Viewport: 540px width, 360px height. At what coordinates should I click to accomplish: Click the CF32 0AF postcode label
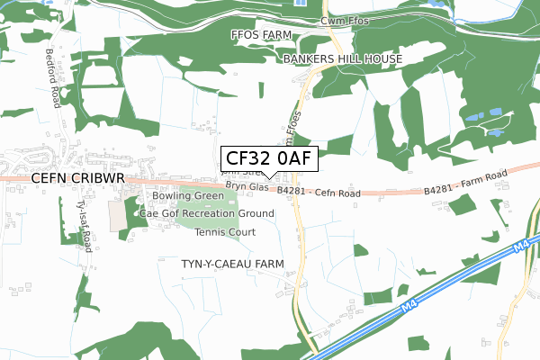(269, 158)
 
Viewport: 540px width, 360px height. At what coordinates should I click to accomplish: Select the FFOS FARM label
(261, 37)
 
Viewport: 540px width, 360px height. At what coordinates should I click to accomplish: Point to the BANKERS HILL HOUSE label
(342, 58)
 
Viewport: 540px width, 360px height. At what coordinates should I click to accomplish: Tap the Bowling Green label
(187, 195)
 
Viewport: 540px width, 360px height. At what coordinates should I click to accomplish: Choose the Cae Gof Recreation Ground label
(207, 213)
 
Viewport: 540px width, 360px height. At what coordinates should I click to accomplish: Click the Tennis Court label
(225, 232)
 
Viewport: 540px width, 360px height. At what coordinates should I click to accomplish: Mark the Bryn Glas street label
(247, 186)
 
